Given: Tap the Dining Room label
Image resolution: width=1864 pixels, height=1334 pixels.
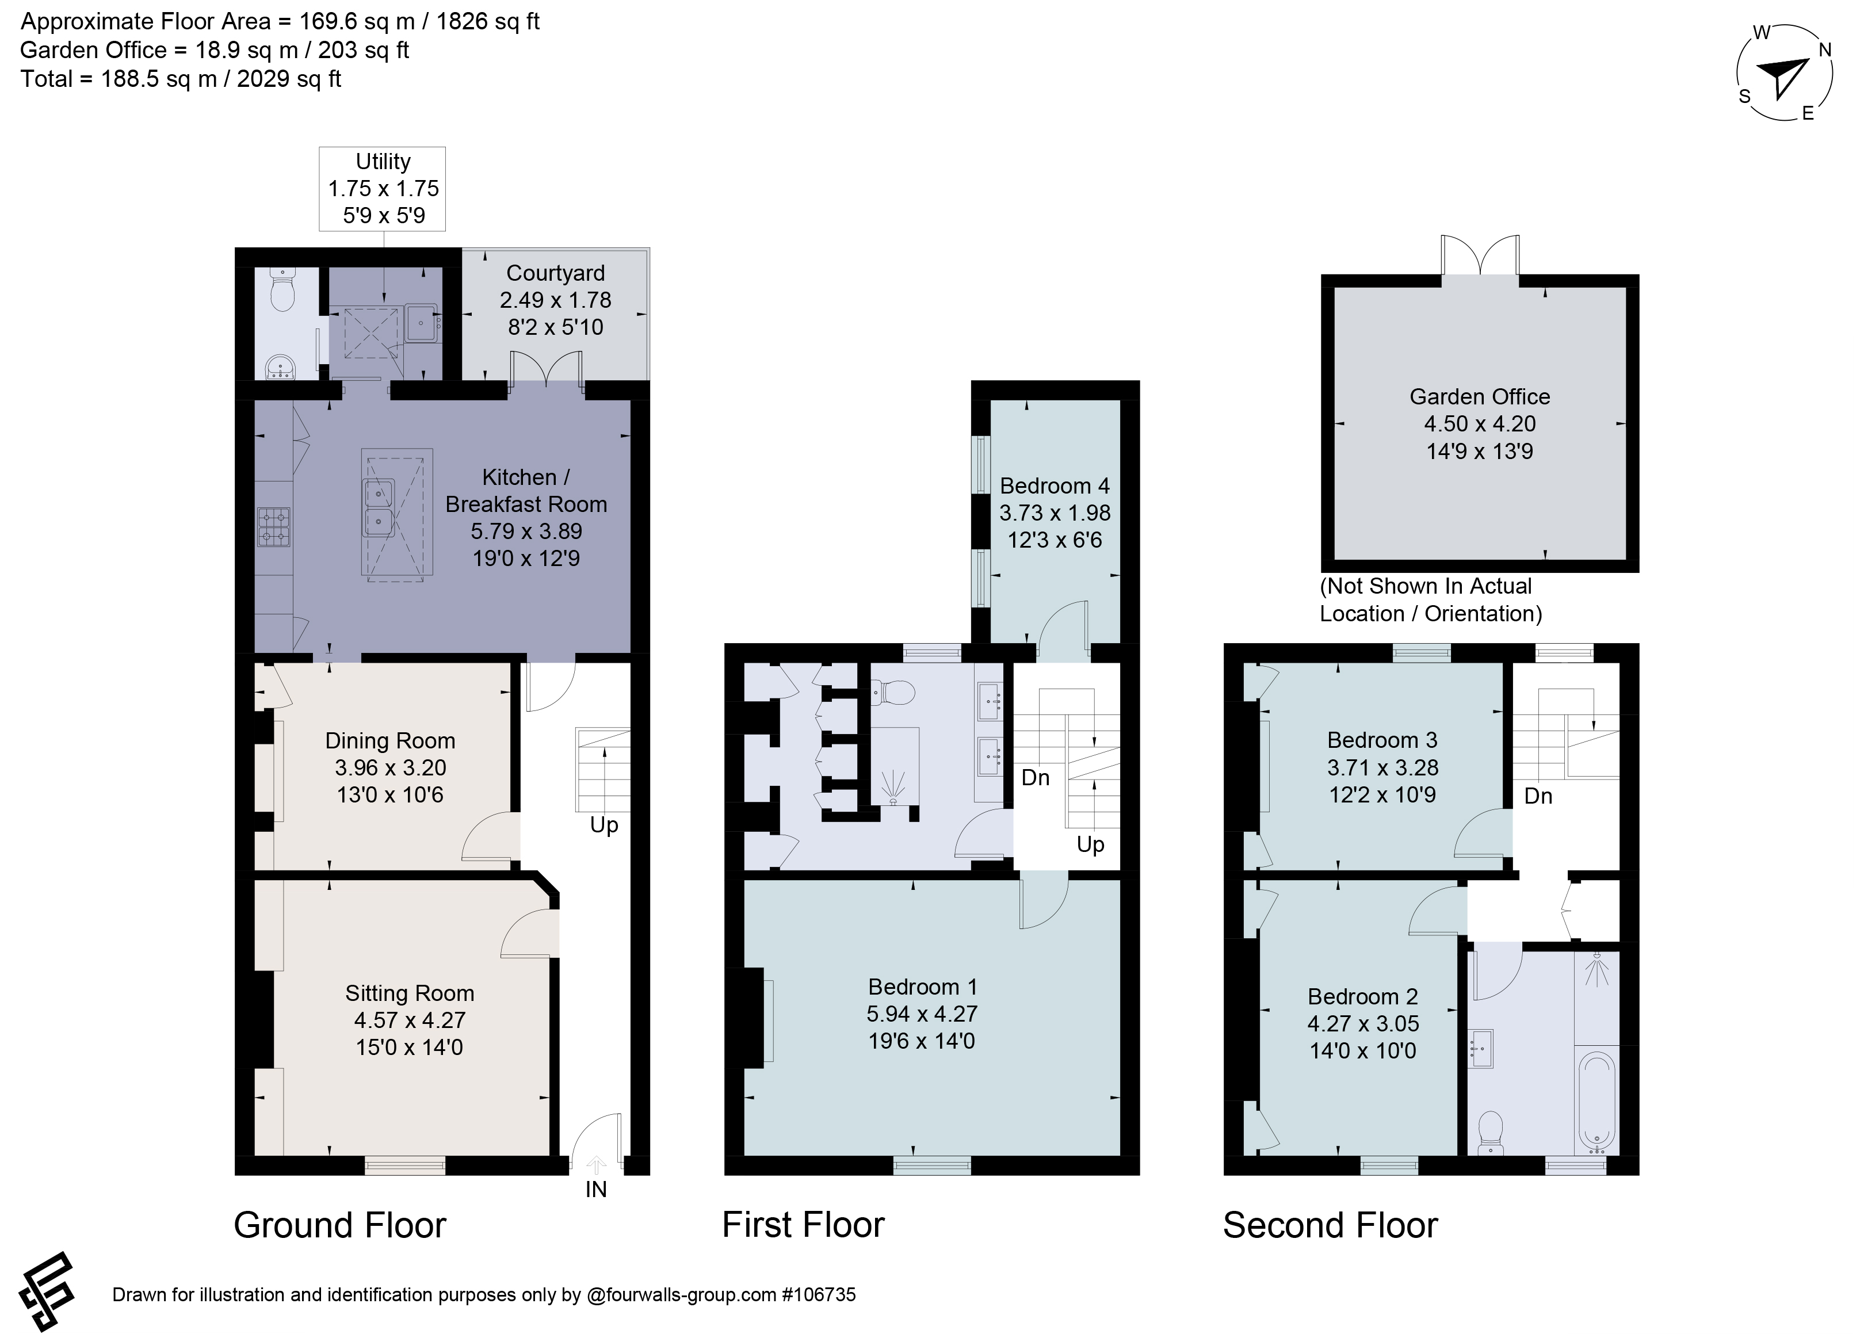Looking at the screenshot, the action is click(390, 740).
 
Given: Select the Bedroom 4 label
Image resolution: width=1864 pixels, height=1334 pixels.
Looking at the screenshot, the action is click(1055, 486).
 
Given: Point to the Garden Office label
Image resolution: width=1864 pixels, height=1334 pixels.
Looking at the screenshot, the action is click(1480, 397).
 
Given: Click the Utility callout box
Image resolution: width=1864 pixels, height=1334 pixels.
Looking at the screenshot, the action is click(383, 189).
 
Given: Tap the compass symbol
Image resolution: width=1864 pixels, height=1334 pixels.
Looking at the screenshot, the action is click(1784, 74).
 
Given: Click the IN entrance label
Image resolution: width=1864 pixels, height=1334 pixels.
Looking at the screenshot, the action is click(595, 1190).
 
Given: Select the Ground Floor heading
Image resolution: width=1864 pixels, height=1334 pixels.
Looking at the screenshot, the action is click(339, 1225).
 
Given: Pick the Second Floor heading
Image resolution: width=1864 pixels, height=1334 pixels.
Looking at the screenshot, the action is click(1330, 1225).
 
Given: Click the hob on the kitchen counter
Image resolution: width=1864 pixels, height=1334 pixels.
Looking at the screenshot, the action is click(274, 526).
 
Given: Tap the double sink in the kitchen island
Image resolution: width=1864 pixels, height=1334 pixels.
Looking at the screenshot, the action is click(379, 507).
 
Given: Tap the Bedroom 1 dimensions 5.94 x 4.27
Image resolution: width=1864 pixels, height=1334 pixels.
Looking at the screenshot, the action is click(922, 1014).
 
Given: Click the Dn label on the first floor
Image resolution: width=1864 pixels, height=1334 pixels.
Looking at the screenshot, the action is click(1035, 777).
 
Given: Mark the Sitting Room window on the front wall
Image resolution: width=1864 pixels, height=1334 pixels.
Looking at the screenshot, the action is click(405, 1165).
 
